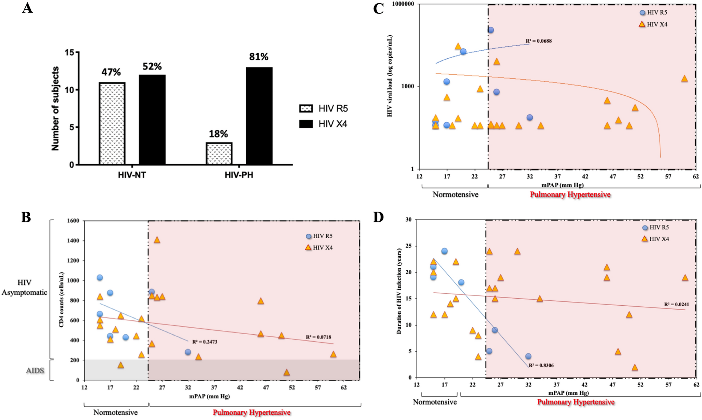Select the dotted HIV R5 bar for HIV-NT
pos(112,124)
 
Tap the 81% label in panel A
pos(259,57)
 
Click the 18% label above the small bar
pos(218,134)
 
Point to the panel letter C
pos(378,8)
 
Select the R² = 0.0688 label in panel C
pos(539,41)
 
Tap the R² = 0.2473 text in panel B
pos(205,342)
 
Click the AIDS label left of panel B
pos(35,371)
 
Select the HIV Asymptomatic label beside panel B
pos(24,287)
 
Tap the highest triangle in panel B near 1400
pos(157,240)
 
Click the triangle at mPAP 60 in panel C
pos(684,79)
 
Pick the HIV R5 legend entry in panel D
pos(656,228)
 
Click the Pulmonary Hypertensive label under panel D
pos(576,402)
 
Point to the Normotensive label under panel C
pos(455,194)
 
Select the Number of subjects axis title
pos(55,109)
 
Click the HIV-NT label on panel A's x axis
pos(132,175)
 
